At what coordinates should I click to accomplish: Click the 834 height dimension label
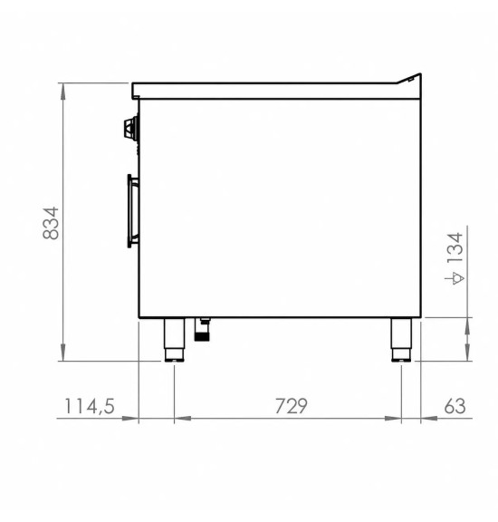(x=51, y=223)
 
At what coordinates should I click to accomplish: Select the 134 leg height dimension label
(x=455, y=248)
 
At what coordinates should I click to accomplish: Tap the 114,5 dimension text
(x=89, y=406)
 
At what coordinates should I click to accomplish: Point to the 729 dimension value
(x=291, y=406)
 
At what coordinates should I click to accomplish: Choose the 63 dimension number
(x=455, y=406)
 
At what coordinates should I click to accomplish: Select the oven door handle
(x=133, y=211)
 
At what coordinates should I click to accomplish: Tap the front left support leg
(x=175, y=340)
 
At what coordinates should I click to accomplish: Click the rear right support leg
(x=401, y=340)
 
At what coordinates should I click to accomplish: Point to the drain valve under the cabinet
(x=202, y=330)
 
